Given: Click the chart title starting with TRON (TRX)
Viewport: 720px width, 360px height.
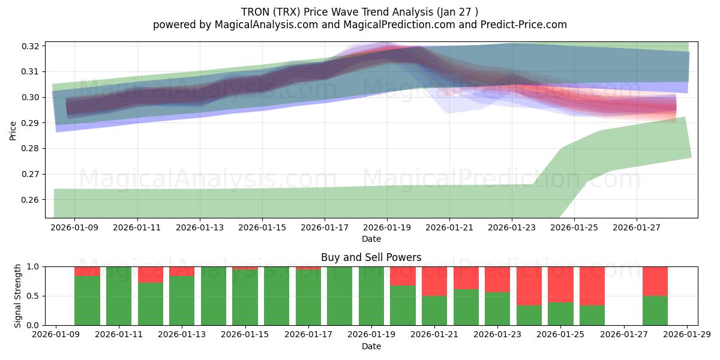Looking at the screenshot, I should (359, 12).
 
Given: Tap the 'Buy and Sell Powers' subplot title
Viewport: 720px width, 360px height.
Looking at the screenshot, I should (371, 257).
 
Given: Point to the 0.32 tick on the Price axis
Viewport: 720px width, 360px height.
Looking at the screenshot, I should (31, 46).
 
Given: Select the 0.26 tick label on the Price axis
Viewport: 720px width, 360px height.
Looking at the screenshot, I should (31, 200).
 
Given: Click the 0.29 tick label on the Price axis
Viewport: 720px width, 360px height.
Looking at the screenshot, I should (31, 123).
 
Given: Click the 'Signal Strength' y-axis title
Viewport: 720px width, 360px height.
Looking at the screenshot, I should (18, 295).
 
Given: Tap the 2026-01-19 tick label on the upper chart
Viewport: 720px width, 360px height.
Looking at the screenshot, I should (386, 228).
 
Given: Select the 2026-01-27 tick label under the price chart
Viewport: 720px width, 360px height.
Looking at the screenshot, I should (636, 228).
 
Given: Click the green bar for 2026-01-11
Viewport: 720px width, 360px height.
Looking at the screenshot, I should (119, 296).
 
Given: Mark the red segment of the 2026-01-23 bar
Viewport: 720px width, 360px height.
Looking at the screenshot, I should (497, 279).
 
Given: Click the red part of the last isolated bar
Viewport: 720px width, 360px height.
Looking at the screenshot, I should (655, 281).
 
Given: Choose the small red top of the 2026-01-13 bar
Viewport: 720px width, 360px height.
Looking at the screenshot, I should (182, 271).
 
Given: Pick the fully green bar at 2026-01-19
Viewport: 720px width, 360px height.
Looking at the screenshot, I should (371, 296).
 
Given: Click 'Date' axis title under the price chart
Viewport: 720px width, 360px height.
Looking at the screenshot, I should (371, 239).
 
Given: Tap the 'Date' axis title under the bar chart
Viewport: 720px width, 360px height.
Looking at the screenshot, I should (371, 346).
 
